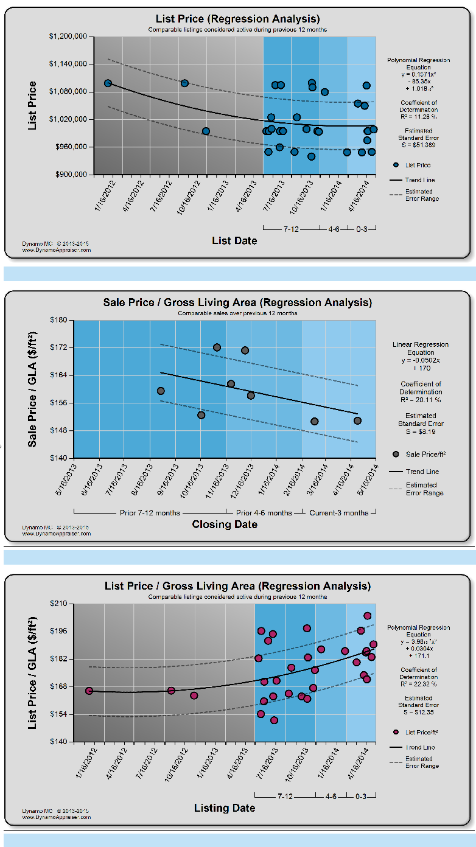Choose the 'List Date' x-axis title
point(234,241)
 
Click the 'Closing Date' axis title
point(225,525)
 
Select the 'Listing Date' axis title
point(225,808)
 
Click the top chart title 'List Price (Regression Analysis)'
point(237,19)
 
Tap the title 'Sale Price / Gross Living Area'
point(237,302)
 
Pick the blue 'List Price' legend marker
point(396,165)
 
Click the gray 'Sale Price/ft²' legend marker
point(396,454)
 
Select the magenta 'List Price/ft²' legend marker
point(396,732)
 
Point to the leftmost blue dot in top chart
point(108,83)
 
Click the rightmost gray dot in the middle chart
point(357,420)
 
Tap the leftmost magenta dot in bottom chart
point(89,691)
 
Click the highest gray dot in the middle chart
point(217,347)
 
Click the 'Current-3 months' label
point(338,513)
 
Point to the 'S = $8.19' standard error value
point(421,431)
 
